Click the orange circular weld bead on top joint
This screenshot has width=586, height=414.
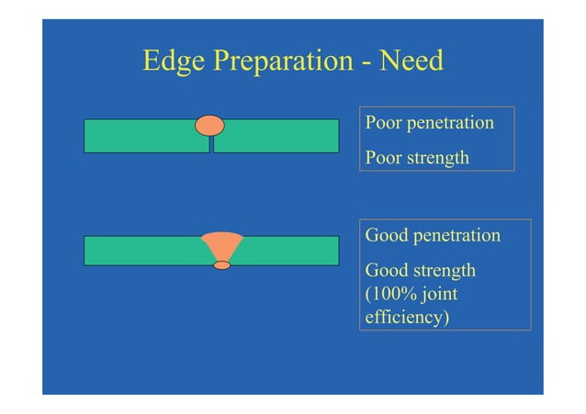pos(209,125)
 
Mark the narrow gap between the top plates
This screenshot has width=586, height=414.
pos(211,143)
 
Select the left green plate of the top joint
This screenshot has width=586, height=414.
pos(142,136)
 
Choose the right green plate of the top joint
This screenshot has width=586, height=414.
pos(276,136)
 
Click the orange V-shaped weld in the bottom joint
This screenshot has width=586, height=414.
pos(222,246)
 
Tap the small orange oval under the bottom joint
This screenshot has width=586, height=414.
pos(222,265)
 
